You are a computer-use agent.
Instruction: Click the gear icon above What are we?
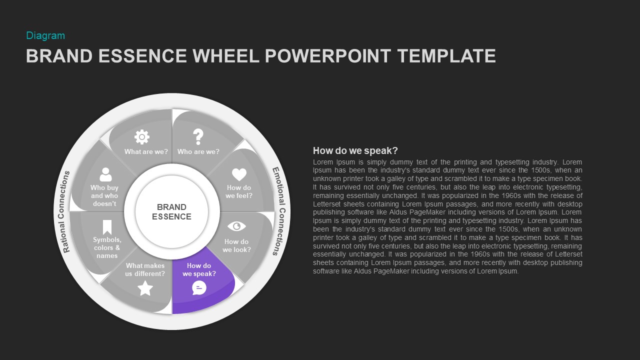coord(142,136)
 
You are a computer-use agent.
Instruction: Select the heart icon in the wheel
coord(239,174)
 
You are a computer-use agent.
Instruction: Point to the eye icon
coord(236,226)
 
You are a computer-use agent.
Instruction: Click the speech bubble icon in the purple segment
coord(199,287)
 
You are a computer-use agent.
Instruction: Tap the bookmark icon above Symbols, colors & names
coord(107,227)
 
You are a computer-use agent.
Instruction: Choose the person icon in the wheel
coord(105,174)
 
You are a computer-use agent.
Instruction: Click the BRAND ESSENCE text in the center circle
coord(171,211)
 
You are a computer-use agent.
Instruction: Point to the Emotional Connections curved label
coord(278,211)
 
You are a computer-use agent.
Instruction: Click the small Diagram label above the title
coord(45,35)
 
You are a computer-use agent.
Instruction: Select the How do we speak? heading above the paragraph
coord(355,150)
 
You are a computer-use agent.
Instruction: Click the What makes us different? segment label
coord(145,270)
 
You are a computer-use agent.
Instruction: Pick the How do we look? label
coord(236,245)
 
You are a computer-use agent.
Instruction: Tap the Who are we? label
coord(198,151)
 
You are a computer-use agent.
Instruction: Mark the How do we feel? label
coord(239,191)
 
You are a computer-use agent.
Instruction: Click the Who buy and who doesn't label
coord(104,195)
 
